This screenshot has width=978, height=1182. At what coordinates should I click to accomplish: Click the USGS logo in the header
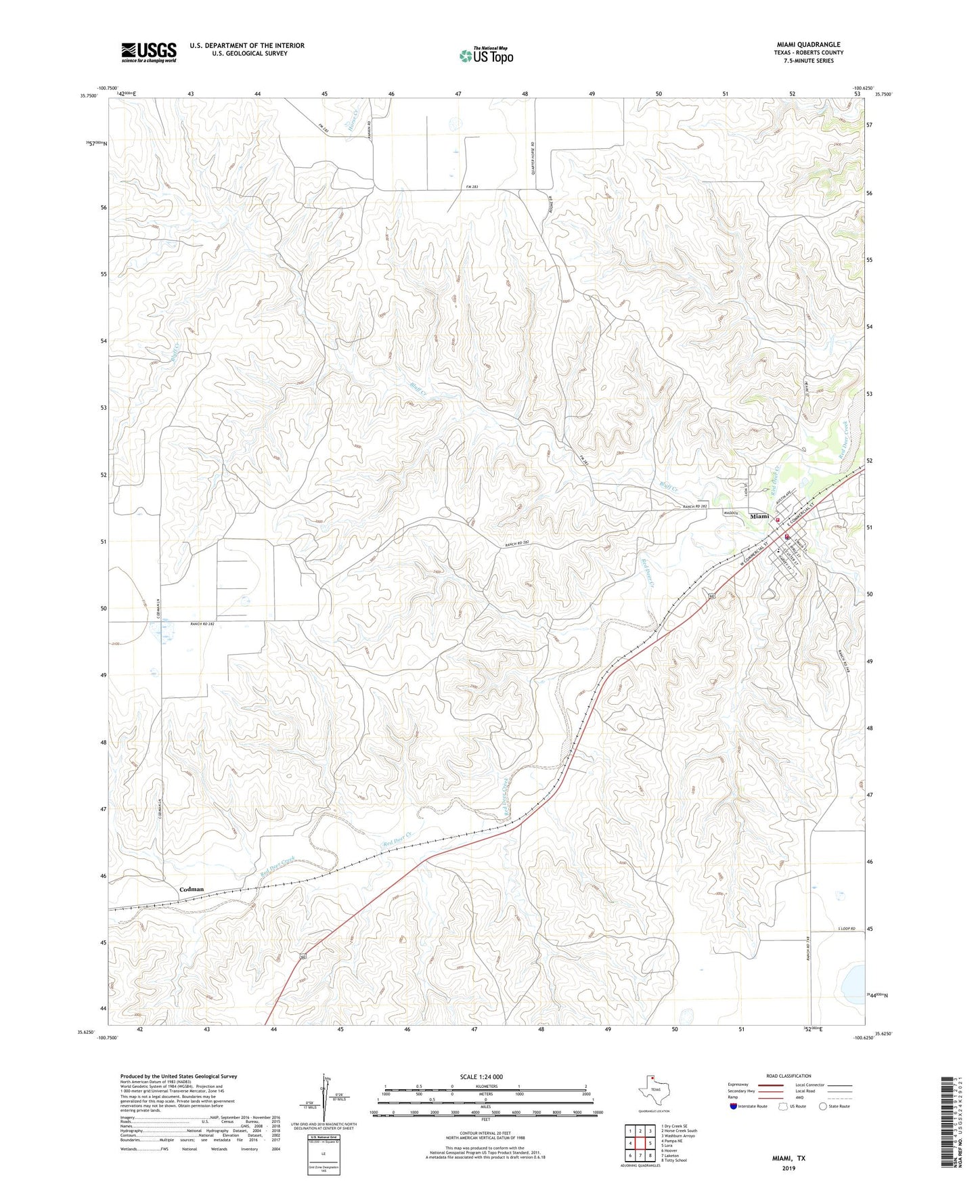pyautogui.click(x=149, y=52)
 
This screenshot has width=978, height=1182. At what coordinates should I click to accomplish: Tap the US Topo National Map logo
pyautogui.click(x=485, y=55)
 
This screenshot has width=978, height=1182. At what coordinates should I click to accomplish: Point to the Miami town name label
pyautogui.click(x=759, y=517)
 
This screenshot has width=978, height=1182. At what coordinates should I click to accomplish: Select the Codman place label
pyautogui.click(x=192, y=890)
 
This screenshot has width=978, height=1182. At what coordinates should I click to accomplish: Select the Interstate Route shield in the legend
pyautogui.click(x=734, y=1106)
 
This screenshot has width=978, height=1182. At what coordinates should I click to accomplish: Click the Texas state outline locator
pyautogui.click(x=653, y=1091)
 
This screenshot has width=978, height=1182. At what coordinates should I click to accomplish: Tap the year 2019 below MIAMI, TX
pyautogui.click(x=788, y=1168)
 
